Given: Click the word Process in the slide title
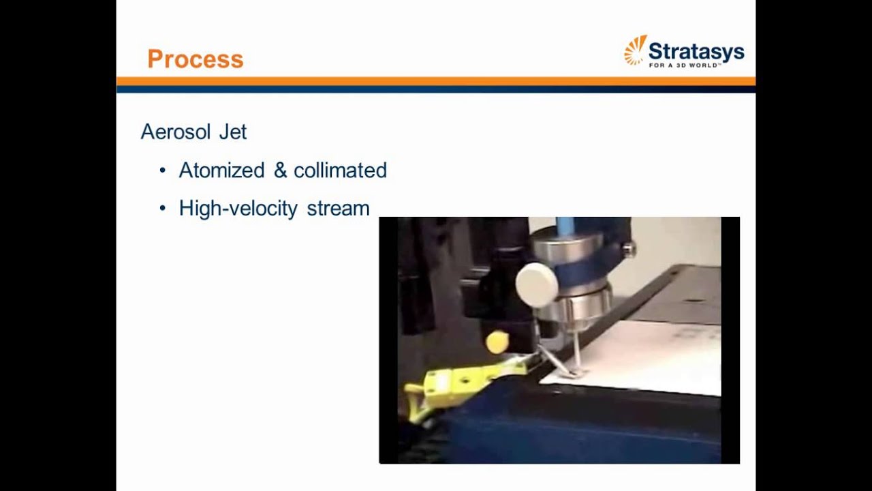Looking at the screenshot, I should pos(195,59).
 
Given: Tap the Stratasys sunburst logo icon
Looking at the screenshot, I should pos(635,50).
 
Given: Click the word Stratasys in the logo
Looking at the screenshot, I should pos(696,51).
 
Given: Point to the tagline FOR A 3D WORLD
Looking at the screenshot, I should pos(684,65).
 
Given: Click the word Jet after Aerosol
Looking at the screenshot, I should pos(233,132).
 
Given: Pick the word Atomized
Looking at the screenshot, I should pos(221,170).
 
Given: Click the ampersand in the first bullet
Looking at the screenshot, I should pos(280,170).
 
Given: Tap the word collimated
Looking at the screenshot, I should pos(340,170).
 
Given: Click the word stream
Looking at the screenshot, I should pos(338,208).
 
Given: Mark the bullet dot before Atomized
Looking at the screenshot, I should pos(162,170).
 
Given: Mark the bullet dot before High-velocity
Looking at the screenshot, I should pos(162,208).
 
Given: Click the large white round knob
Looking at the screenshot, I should pos(537,284).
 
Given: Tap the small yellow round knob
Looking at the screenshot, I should pos(497,342).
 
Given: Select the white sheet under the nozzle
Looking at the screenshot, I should pos(647,358).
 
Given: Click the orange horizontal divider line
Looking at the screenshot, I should pos(436,81).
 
